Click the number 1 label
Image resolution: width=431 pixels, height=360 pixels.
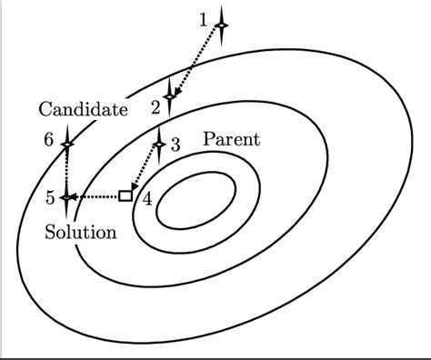coord(204,18)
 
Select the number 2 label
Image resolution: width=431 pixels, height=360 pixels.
coord(155,106)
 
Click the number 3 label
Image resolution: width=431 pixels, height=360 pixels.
coord(175,144)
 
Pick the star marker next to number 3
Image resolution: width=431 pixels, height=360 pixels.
coord(159,144)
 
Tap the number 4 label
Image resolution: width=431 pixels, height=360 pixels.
coord(147,199)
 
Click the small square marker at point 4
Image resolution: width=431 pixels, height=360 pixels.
coord(125,195)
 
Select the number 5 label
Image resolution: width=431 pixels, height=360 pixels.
coord(50,197)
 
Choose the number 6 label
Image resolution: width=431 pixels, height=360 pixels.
coord(48,140)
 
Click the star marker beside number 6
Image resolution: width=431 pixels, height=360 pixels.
coord(67,144)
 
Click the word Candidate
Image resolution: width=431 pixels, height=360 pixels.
coord(83,110)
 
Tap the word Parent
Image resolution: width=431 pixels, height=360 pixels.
coord(230,139)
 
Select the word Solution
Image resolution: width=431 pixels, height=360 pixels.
coord(81,232)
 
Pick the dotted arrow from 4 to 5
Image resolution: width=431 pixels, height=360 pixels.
coord(97,195)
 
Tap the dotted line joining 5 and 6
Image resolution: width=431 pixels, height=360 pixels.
coord(67,170)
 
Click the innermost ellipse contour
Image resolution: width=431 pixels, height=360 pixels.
coord(197,199)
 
